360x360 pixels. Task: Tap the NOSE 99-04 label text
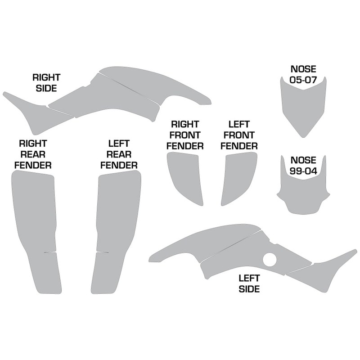(x=304, y=165)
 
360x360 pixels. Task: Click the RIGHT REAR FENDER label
(x=33, y=154)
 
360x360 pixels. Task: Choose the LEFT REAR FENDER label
(x=119, y=154)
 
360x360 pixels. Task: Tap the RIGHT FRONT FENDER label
(x=185, y=135)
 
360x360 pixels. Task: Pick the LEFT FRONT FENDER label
(x=242, y=135)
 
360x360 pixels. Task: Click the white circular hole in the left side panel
(x=270, y=260)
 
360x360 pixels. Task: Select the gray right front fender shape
(x=184, y=175)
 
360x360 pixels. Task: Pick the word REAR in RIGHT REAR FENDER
(x=33, y=154)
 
